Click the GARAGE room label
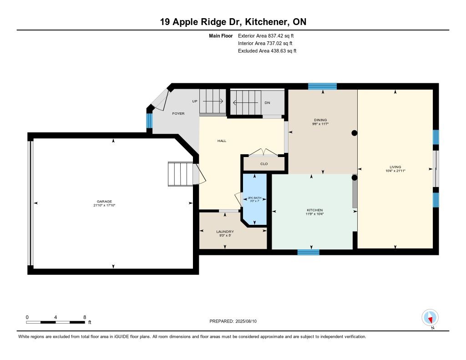point(104,201)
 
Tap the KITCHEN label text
point(314,210)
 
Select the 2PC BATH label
point(255,198)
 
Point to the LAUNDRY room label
point(225,232)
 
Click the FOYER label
point(178,114)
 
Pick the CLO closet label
point(264,164)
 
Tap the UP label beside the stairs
point(195,101)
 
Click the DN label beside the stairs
point(267,102)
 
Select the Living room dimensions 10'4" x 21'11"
point(395,171)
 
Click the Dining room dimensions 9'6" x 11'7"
point(320,124)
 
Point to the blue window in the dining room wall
point(323,86)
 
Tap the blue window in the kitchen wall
point(309,252)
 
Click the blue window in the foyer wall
point(149,121)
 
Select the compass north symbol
point(430,318)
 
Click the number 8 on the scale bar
point(85,317)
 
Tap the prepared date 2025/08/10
point(246,321)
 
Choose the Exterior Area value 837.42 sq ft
point(281,35)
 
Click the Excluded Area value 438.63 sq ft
point(284,51)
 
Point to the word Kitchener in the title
point(267,22)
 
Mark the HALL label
point(222,141)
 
